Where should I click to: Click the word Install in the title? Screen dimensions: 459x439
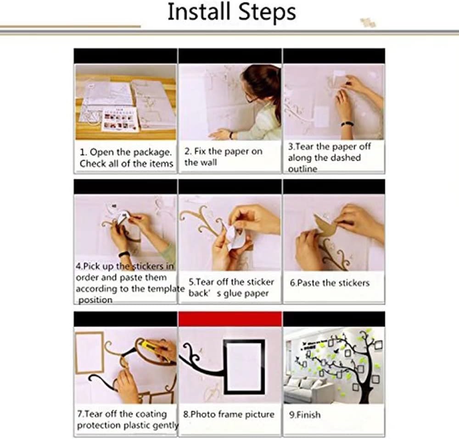coord(198,12)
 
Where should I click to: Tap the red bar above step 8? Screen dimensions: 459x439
coord(230,319)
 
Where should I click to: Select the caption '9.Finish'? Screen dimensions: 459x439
coord(305,414)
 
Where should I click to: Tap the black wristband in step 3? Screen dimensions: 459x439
coord(347,124)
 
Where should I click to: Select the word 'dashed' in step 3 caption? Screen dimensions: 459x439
coord(346,158)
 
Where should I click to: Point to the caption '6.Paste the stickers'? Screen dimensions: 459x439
coord(330,283)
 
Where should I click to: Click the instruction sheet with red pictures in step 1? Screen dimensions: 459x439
coord(120,119)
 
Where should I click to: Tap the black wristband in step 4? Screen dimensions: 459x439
coord(124,255)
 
